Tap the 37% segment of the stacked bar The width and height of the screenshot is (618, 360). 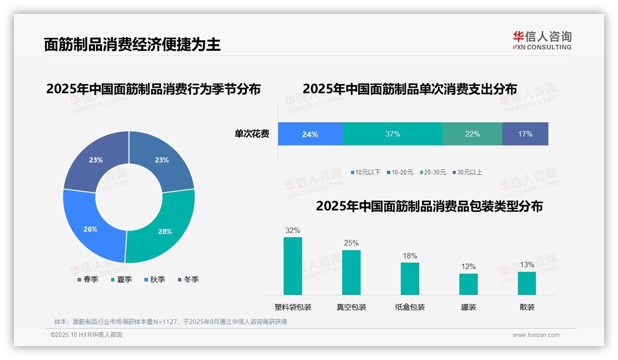click(392, 134)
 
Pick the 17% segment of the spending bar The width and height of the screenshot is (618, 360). click(525, 134)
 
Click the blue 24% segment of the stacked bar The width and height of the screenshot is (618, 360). click(310, 134)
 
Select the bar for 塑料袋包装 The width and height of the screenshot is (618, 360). click(293, 266)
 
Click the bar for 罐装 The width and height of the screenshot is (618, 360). click(469, 284)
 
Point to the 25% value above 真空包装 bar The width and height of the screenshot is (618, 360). click(351, 243)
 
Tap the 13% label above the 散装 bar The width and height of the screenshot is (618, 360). click(527, 264)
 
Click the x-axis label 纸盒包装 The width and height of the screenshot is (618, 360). click(410, 307)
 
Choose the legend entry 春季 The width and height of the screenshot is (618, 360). click(88, 279)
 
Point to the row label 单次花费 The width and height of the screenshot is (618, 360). click(252, 134)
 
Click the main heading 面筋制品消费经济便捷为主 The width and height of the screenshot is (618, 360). click(132, 44)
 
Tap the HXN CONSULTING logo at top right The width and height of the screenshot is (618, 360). click(542, 41)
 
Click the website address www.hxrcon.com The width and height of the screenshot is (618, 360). click(536, 335)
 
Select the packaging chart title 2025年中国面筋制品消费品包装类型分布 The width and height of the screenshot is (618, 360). click(429, 206)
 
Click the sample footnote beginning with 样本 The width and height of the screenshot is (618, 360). click(171, 322)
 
